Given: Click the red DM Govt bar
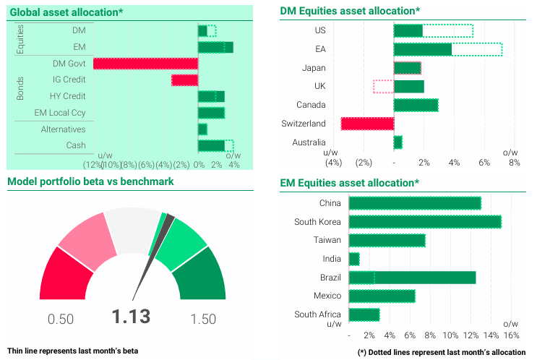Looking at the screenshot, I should [145, 64].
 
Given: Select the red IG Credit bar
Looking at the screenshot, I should [184, 80].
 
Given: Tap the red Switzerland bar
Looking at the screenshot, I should [367, 124].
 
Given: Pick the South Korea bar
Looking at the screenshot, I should [425, 222].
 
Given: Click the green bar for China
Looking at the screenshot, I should [415, 203].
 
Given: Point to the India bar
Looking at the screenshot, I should [354, 259].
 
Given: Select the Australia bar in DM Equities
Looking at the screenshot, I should [398, 142].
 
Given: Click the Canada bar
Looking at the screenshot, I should [416, 105].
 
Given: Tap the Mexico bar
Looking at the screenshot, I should [382, 296].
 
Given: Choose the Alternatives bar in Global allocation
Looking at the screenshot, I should [202, 129].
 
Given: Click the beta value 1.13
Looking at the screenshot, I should [131, 317].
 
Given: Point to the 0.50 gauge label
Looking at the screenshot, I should [61, 319].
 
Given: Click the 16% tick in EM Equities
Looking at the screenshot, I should [511, 335].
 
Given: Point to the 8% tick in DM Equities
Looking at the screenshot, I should [515, 162].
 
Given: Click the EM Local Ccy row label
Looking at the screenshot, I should [60, 113].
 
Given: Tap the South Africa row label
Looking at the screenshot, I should [317, 314].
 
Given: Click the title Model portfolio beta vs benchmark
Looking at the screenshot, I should [90, 181].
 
